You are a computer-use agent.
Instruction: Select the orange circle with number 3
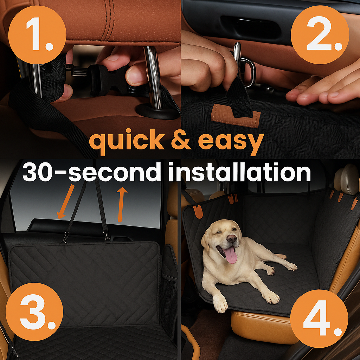point(34,312)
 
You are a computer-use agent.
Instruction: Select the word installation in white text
point(239,172)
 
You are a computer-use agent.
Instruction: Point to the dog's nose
point(231,239)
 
